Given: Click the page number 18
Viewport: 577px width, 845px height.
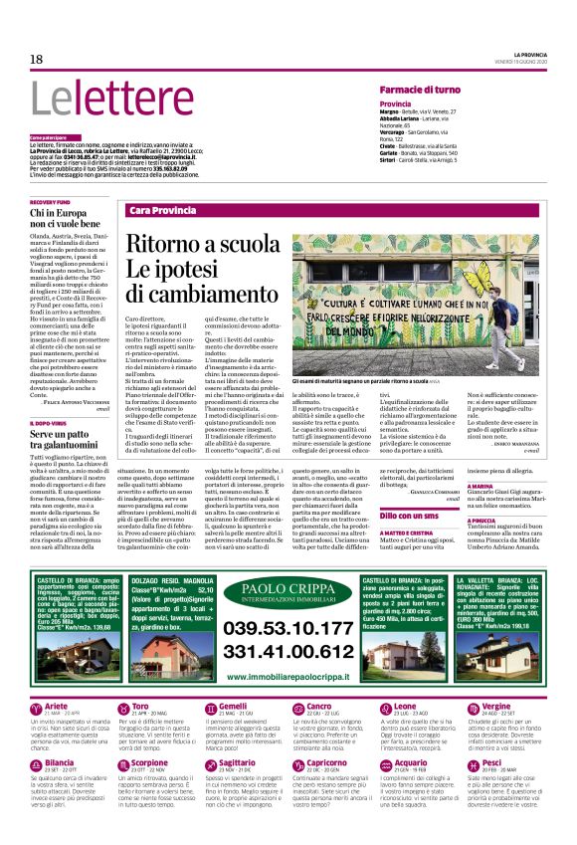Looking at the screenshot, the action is pos(36,59).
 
